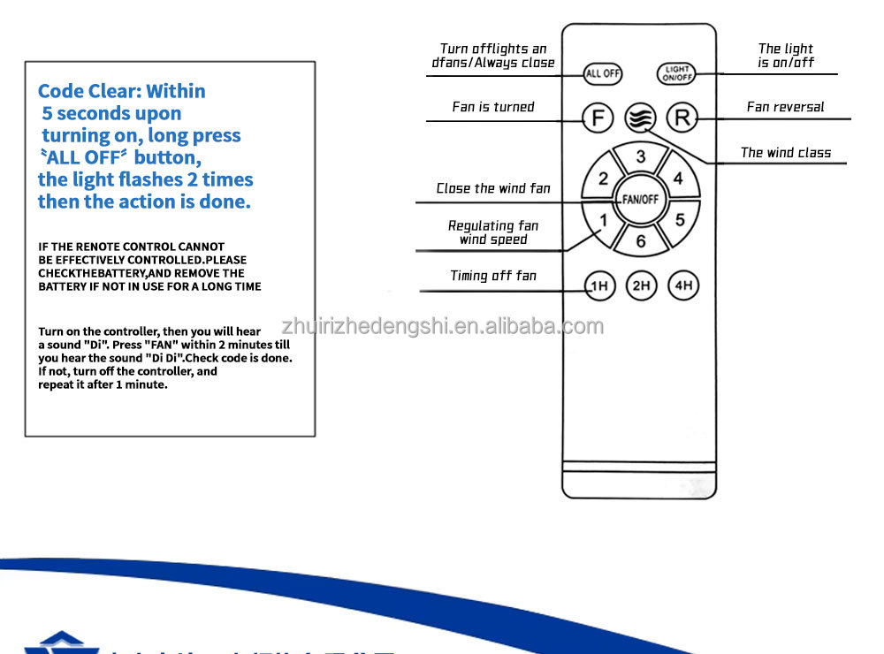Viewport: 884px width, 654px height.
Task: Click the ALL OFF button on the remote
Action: click(603, 73)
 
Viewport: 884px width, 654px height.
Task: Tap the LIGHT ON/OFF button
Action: click(677, 74)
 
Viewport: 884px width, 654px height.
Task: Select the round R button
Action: click(682, 117)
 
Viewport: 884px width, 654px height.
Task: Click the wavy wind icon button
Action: click(639, 117)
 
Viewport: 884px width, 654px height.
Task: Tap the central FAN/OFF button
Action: click(640, 200)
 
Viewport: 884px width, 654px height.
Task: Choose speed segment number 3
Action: click(641, 158)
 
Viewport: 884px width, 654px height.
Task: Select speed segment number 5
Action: click(679, 220)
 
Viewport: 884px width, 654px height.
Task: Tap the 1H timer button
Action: click(599, 285)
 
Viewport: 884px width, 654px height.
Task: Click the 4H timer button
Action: click(682, 285)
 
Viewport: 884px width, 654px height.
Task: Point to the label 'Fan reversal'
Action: click(785, 107)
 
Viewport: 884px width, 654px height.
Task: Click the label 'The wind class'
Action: click(785, 153)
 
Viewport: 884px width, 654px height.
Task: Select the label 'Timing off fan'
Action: click(493, 276)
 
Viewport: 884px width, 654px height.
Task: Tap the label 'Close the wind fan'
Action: click(493, 188)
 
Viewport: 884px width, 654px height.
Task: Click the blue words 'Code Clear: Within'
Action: click(122, 91)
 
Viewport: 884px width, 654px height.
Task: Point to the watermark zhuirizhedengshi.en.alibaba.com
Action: click(442, 327)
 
